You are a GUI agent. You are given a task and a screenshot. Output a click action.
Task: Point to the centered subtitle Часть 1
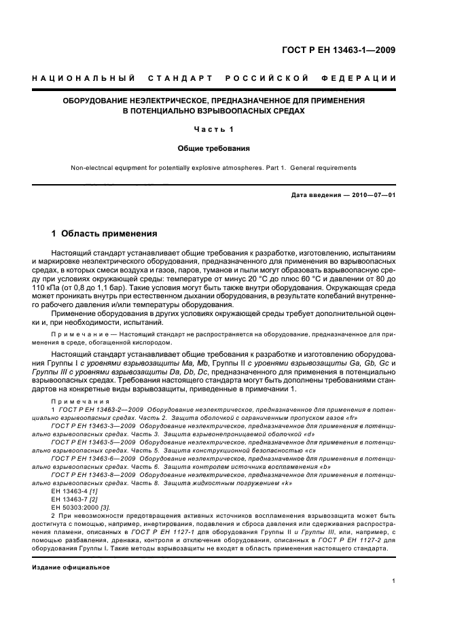point(214,129)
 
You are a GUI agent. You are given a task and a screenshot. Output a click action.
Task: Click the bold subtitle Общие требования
point(214,147)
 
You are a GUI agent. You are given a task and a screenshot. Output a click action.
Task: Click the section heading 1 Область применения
point(105,233)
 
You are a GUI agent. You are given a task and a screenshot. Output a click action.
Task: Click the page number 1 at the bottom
point(393,581)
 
